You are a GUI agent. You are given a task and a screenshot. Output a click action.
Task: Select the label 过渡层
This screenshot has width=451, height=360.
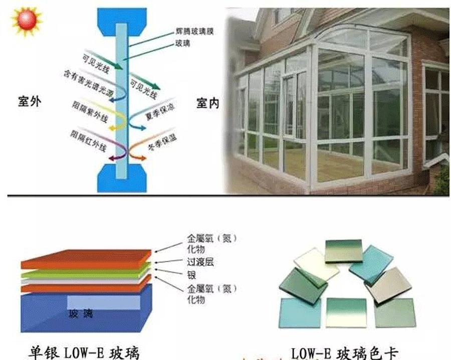(200, 262)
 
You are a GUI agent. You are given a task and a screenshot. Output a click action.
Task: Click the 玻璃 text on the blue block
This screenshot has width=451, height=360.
(81, 314)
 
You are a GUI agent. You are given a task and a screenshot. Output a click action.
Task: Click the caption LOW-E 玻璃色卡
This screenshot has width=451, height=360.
(345, 352)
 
